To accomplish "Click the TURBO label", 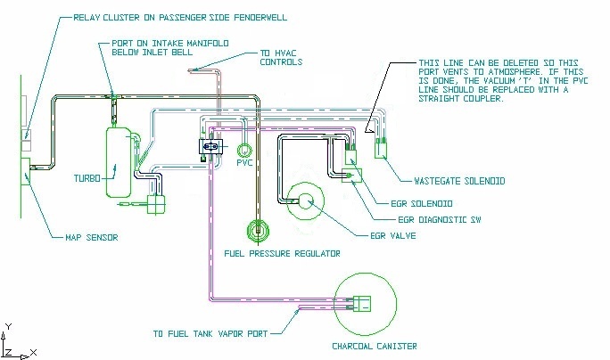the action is pos(87,178).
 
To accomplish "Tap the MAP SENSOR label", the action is pos(92,238).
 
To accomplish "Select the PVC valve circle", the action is pos(244,151).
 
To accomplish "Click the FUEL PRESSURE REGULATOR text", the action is pos(282,254).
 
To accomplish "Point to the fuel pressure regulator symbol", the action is pos(258,231).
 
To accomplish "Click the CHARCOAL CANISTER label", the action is pos(375,347).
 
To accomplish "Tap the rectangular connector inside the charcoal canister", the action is pos(362,304).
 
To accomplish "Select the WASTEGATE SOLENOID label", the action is pos(459,181).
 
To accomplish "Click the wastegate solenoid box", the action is pos(381,151).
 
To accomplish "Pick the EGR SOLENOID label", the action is pos(422,204).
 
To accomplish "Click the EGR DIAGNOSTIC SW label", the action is pos(440,220).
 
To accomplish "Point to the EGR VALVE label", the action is pos(393,235).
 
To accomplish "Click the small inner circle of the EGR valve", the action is pos(306,201).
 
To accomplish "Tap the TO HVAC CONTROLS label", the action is pos(281,58).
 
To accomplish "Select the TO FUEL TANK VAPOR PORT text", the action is pos(210,334).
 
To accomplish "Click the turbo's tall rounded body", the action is pos(119,161).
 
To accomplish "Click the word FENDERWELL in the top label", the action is pos(260,18).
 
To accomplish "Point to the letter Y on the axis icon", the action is pos(9,326).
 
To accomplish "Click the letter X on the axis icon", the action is pos(34,353).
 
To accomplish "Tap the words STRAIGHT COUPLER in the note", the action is pos(461,99).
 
